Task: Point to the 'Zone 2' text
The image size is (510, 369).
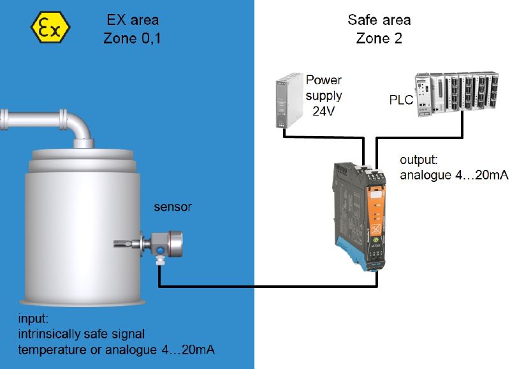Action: tap(379, 38)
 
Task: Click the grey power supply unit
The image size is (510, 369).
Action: tap(287, 102)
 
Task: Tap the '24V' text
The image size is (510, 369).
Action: tap(323, 110)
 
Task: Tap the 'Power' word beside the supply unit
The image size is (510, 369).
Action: tap(323, 80)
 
